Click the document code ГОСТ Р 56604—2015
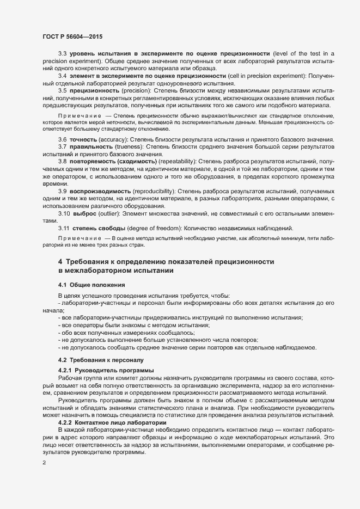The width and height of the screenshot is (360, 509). (72, 36)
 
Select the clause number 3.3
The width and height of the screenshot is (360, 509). (62, 53)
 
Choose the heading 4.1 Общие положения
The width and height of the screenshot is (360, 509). (92, 285)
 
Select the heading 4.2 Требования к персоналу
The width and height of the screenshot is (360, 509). (101, 360)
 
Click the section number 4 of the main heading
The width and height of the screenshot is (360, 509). (60, 262)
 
